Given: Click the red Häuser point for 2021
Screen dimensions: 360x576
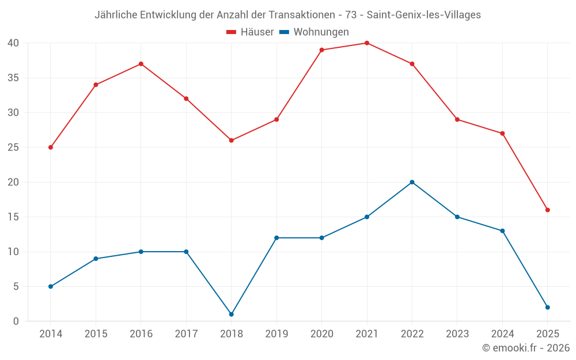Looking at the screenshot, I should (367, 43).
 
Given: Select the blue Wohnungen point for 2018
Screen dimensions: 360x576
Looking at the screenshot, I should (232, 314).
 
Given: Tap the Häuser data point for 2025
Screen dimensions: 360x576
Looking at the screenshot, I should (548, 210).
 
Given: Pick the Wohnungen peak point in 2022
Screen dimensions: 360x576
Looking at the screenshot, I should (412, 182).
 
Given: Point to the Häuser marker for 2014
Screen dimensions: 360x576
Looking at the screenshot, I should (51, 147).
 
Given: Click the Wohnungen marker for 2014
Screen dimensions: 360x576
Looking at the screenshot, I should (51, 286).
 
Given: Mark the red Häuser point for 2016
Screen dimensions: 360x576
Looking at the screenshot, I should (141, 64).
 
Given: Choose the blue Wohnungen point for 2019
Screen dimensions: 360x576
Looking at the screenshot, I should (276, 238).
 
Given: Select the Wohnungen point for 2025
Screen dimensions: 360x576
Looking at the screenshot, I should (548, 308).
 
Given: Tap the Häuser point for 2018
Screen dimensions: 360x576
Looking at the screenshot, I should (232, 141).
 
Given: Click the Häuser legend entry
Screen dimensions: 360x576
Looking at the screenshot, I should (250, 32).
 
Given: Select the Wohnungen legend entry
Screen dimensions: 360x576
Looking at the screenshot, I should (314, 32).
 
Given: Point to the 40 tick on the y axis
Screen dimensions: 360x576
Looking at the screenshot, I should (13, 43).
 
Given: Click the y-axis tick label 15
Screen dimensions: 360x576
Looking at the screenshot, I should (13, 217).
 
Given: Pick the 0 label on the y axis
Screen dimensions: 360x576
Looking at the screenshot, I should (16, 321).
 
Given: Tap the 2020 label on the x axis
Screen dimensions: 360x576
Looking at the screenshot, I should (321, 334).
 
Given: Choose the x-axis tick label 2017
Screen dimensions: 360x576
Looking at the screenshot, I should (186, 334).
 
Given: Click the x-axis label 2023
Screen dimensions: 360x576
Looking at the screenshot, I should (457, 334).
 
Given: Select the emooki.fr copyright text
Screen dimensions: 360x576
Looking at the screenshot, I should (525, 348).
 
